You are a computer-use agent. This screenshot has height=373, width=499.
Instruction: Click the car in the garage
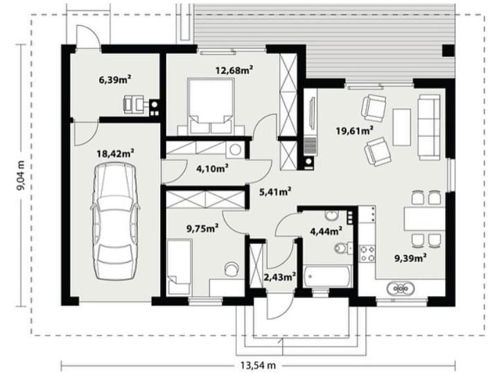(116, 221)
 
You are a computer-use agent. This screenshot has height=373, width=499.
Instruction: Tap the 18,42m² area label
(115, 153)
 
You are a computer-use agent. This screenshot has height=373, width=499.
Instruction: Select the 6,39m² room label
(115, 80)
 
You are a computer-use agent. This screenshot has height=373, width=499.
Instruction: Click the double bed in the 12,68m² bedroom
(211, 106)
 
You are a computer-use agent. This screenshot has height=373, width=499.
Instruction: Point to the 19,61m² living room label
(355, 130)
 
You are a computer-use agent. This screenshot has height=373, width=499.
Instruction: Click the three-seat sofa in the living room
(429, 127)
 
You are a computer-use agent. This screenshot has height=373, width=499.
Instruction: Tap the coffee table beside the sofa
(401, 127)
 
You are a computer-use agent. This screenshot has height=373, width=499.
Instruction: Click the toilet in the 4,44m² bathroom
(343, 248)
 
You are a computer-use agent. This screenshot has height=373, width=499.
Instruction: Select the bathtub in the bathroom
(327, 276)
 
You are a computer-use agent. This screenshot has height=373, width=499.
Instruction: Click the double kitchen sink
(401, 288)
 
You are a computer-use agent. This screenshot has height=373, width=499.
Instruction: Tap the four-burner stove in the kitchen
(367, 254)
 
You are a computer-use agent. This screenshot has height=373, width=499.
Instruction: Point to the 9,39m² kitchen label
(410, 258)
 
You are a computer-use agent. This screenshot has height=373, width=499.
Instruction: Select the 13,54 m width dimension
(258, 365)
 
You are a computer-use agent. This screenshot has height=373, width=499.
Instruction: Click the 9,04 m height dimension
(21, 175)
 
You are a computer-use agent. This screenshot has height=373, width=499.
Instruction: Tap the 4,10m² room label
(212, 168)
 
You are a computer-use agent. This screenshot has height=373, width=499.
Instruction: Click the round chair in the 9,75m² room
(231, 269)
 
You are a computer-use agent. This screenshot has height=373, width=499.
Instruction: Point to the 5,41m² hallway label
(275, 191)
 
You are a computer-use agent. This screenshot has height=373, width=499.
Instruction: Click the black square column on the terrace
(448, 51)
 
